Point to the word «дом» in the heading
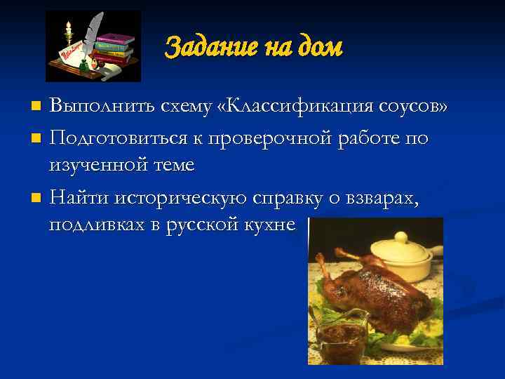320,48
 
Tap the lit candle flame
69,26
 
